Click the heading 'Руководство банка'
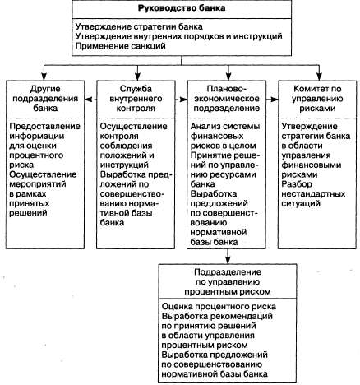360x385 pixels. point(182,8)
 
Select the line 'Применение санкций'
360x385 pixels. point(121,45)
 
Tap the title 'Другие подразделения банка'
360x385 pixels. point(45,99)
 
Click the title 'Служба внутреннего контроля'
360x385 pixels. point(136,99)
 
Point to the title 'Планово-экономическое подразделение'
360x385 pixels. point(227,99)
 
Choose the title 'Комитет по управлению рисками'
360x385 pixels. point(317,99)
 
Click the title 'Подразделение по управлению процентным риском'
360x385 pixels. point(227,281)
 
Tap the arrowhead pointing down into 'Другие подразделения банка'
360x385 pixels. point(44,77)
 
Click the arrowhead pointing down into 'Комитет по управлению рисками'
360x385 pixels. point(319,77)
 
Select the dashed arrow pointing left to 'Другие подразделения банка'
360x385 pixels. point(90,100)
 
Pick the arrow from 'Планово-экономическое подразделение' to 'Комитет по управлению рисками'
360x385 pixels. point(272,100)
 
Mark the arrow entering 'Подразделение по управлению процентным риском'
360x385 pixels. point(228,257)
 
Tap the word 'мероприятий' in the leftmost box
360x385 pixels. point(38,184)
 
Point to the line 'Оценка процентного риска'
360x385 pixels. point(219,307)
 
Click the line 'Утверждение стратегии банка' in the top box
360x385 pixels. point(139,26)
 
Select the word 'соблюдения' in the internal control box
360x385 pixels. point(126,146)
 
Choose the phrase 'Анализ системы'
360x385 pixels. point(225,127)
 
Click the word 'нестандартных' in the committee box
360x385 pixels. point(313,194)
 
